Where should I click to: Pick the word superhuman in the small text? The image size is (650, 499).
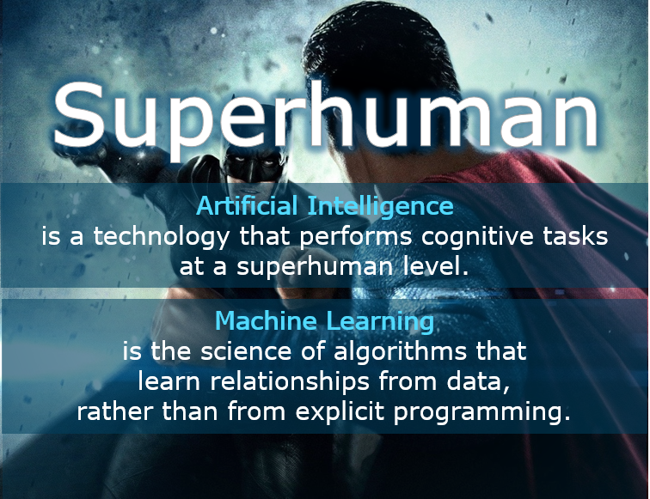tap(311, 267)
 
